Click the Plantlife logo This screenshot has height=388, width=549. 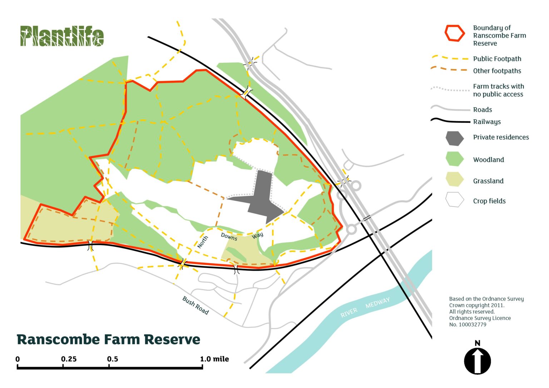(62, 36)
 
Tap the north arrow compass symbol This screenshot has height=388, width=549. (477, 361)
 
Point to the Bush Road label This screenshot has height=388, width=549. (195, 305)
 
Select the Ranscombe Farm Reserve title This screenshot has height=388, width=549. (108, 339)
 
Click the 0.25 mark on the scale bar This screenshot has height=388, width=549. (69, 359)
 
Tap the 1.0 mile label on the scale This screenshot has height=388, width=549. (214, 359)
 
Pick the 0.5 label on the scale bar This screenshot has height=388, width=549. (113, 359)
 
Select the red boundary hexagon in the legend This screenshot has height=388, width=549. (455, 33)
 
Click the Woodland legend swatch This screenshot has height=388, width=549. (455, 159)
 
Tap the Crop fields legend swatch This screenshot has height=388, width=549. (455, 200)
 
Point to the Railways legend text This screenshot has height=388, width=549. (487, 122)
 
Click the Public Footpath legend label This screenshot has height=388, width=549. (497, 59)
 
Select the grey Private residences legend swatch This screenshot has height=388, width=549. (455, 138)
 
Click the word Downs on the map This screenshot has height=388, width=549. (229, 237)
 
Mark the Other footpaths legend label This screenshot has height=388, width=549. (497, 71)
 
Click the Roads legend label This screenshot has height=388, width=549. (483, 110)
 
